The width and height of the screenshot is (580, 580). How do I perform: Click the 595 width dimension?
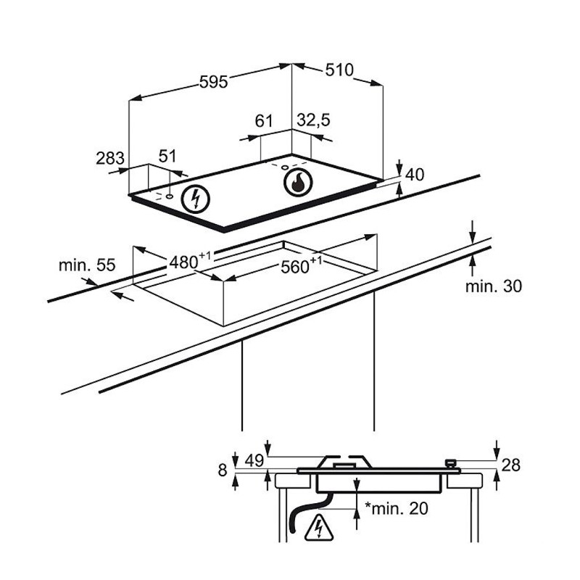[x=214, y=82]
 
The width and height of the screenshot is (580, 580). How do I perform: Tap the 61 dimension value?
[x=264, y=120]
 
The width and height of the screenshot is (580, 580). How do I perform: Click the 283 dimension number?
[x=110, y=157]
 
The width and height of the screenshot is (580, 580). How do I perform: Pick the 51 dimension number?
[x=167, y=156]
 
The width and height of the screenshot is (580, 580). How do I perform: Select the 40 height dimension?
[x=415, y=175]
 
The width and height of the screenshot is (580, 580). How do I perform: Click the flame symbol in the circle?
[x=296, y=183]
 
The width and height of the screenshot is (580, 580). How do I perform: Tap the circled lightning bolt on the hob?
[x=194, y=198]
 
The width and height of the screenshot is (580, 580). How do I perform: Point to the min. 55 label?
[x=87, y=265]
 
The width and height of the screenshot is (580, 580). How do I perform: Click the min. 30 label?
[x=493, y=286]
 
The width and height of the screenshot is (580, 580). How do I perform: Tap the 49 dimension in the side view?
[x=253, y=460]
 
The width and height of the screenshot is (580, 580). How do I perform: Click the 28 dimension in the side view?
[x=511, y=465]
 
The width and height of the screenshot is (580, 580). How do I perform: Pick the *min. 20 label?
[x=398, y=508]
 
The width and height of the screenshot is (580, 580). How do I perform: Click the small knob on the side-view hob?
[x=450, y=462]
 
